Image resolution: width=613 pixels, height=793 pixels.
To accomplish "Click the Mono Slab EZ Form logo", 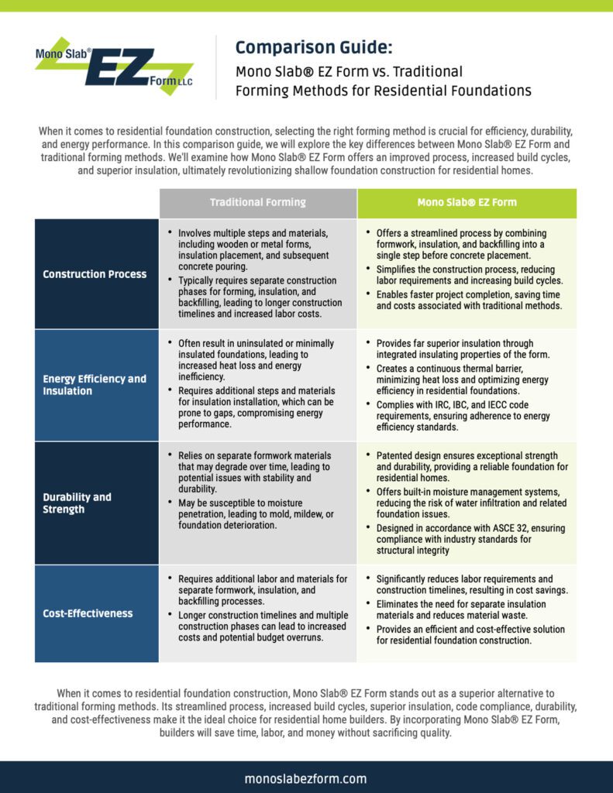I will point(114,66).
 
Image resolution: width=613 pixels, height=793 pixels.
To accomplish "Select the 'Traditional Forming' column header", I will point(258,202).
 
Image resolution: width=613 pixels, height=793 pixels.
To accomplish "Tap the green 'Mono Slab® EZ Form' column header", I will point(466,202).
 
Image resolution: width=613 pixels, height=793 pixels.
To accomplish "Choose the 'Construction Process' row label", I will point(95,273).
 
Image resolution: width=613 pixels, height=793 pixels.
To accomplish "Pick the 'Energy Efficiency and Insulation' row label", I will point(95,385).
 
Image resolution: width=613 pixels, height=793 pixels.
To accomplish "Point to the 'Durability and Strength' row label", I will point(77,503).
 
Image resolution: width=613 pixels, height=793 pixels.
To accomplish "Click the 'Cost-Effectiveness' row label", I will point(88,613).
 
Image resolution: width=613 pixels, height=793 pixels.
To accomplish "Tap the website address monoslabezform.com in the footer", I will point(305,778).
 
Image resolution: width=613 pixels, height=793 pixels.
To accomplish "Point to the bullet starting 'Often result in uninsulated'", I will point(256,355).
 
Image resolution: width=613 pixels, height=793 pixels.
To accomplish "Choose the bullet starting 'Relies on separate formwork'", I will point(256,472).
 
